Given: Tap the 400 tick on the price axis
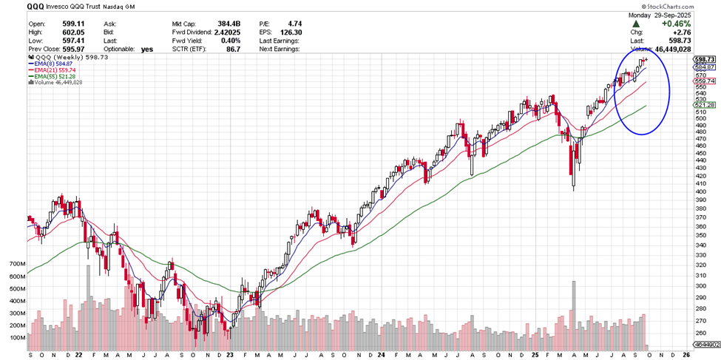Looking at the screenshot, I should [x=699, y=191].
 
